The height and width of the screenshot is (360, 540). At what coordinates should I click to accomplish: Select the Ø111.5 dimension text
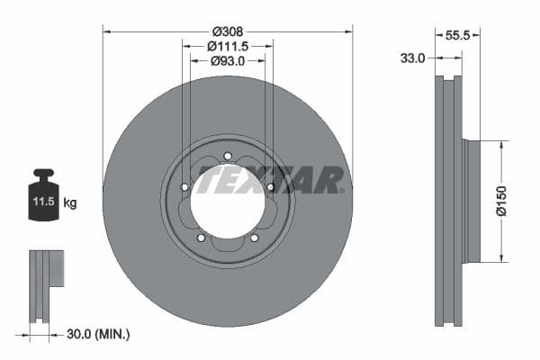228,45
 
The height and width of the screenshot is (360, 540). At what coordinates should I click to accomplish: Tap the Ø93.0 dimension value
228,61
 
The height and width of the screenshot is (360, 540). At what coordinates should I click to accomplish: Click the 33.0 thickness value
412,58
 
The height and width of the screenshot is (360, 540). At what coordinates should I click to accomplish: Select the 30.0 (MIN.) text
98,334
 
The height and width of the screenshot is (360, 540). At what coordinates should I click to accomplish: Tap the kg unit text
70,203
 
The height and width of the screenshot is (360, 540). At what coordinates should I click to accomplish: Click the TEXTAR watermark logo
270,180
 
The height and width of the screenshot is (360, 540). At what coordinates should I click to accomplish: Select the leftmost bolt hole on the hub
184,187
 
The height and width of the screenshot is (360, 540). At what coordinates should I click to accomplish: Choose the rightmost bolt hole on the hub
270,187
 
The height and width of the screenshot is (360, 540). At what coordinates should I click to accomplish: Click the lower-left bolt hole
201,238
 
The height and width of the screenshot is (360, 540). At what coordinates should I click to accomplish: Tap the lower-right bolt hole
254,238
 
